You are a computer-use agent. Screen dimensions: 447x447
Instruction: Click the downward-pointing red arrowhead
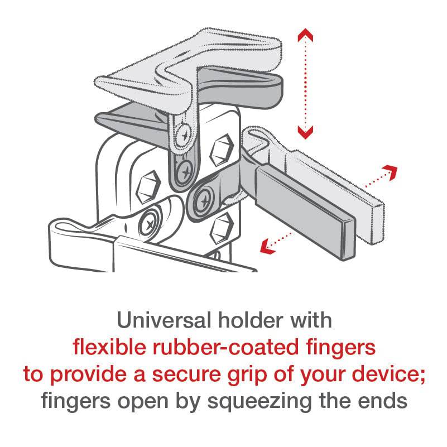click(x=305, y=132)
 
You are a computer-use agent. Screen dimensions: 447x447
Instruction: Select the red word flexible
click(x=105, y=347)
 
